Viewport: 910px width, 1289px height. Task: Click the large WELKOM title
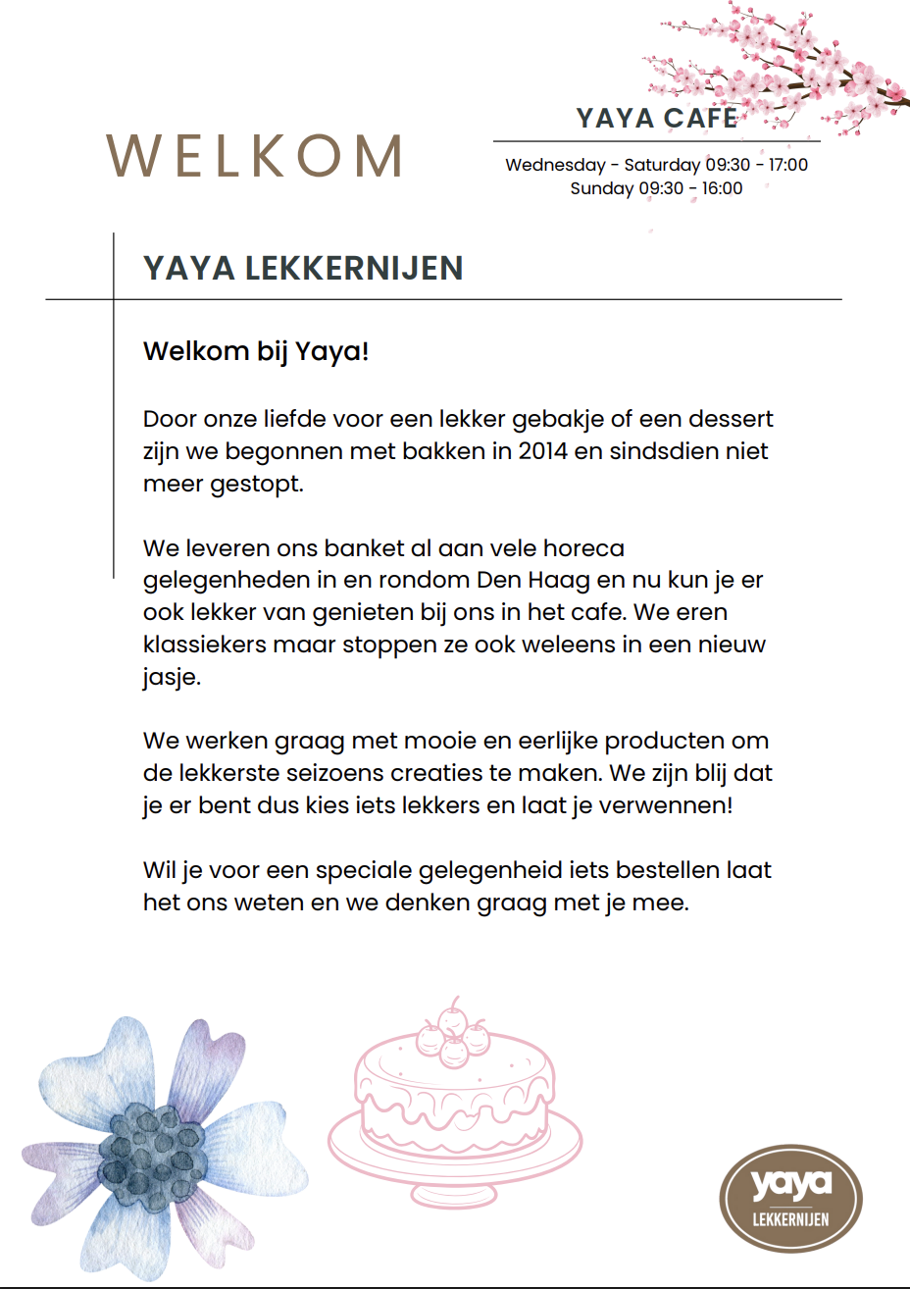pos(254,156)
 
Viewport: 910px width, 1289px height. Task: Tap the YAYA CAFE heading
pos(656,119)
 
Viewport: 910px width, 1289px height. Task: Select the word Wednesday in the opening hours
pos(555,165)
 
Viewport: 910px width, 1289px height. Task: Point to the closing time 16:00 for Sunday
pos(722,188)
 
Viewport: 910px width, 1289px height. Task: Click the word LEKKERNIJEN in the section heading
pos(354,269)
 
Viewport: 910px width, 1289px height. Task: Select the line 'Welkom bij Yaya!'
pos(256,351)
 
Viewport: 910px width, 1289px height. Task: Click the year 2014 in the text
pos(543,451)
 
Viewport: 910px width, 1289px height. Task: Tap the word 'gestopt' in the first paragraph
pos(256,485)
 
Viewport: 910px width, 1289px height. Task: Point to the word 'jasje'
pos(171,678)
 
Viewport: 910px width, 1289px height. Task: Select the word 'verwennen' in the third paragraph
pos(679,805)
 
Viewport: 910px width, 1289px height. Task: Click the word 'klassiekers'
pos(203,645)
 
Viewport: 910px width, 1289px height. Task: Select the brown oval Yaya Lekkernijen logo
pos(790,1198)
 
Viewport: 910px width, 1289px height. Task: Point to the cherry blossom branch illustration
pos(784,69)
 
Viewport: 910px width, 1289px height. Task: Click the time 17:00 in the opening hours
pos(788,165)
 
